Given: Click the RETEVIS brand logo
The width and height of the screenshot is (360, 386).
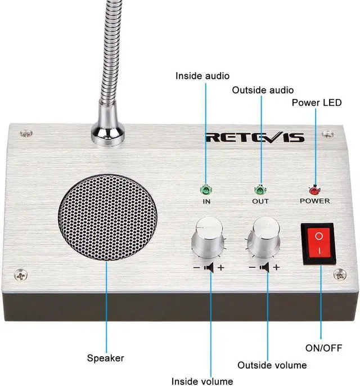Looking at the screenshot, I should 255,137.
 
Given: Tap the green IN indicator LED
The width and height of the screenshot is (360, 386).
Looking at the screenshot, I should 204,190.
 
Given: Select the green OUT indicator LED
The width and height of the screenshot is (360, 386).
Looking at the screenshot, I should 260,190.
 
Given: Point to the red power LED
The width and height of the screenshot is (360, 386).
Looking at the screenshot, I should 314,190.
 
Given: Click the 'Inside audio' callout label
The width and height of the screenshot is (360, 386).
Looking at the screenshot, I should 202,75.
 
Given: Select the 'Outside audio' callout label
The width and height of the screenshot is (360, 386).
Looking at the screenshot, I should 263,90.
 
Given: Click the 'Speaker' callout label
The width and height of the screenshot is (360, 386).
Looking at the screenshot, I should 105,357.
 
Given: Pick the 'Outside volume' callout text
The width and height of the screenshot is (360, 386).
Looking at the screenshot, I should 272,365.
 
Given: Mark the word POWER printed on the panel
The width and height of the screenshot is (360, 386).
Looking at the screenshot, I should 314,201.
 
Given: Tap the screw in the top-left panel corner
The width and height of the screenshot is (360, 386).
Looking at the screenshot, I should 24,133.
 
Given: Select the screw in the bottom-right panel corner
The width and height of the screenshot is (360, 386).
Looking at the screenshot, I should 340,275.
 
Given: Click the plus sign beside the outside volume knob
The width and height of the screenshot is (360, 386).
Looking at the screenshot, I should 276,268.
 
